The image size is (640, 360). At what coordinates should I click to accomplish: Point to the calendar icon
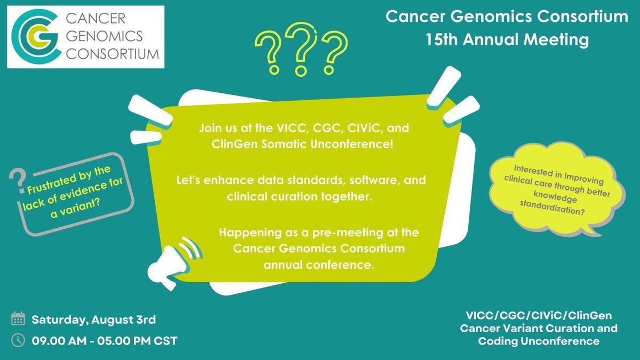click(x=18, y=320)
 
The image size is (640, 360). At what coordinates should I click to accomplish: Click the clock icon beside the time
click(x=18, y=340)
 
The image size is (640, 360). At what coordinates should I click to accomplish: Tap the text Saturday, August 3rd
click(x=93, y=320)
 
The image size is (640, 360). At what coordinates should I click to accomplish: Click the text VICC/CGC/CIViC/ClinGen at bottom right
click(x=539, y=315)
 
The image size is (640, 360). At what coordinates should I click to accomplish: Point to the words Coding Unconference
click(x=539, y=341)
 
